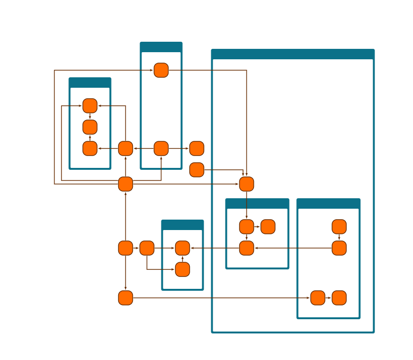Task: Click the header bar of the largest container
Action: [x=292, y=54]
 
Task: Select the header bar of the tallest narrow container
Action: [x=161, y=47]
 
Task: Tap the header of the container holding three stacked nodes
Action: [x=90, y=83]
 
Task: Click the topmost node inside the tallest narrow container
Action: [x=161, y=70]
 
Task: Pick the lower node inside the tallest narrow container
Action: [x=161, y=148]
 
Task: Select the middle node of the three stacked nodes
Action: [x=90, y=127]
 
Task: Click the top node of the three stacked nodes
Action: [x=90, y=106]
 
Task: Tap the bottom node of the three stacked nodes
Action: [x=90, y=148]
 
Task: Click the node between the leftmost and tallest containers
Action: [x=125, y=148]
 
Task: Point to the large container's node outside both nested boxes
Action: [x=246, y=184]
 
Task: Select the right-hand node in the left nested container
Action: [x=268, y=227]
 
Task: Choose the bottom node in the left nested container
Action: [x=246, y=248]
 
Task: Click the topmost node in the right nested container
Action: [x=339, y=227]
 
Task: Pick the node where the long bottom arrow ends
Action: [x=318, y=298]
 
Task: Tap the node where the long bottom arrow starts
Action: [x=125, y=298]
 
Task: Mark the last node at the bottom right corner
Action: [x=339, y=298]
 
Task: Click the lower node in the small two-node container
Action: [x=182, y=269]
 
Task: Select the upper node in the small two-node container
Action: [x=182, y=248]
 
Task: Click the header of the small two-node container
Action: [x=182, y=225]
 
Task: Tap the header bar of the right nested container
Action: [x=328, y=203]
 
